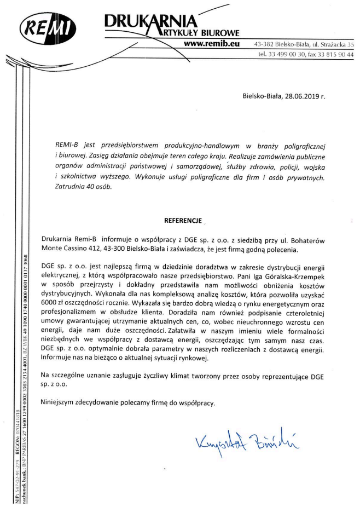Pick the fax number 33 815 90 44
pyautogui.click(x=334, y=55)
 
